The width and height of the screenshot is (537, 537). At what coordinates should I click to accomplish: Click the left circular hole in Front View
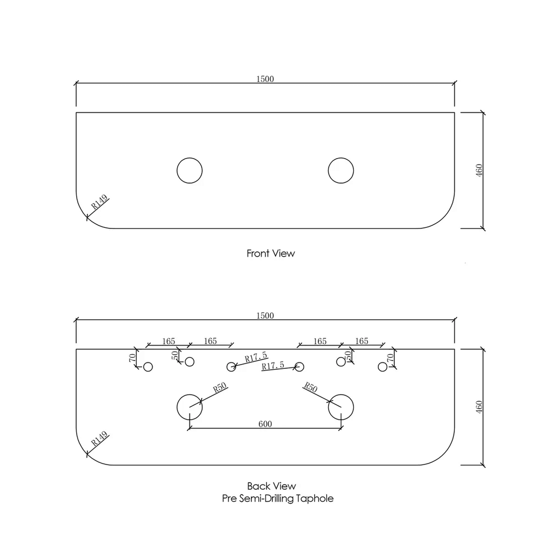(x=189, y=171)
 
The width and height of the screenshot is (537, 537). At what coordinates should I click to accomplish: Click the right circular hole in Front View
(x=341, y=171)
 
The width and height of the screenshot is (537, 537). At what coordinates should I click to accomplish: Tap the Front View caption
(x=270, y=253)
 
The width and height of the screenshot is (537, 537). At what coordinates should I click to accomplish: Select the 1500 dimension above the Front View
(x=265, y=79)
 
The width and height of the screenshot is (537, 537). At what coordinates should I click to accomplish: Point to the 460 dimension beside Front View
(x=479, y=171)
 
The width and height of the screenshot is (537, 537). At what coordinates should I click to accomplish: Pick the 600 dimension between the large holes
(x=265, y=424)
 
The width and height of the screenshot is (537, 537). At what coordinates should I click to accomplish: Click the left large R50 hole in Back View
(x=189, y=407)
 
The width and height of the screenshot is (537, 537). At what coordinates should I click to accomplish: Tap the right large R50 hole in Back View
(x=341, y=407)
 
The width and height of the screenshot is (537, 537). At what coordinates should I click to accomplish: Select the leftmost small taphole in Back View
(x=148, y=367)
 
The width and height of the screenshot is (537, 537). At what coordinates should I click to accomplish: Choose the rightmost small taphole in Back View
(x=382, y=367)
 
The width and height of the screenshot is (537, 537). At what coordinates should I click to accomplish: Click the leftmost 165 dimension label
(x=169, y=341)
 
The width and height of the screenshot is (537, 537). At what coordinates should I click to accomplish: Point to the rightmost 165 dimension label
(x=362, y=341)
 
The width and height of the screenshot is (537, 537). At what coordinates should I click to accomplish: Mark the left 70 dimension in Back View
(x=133, y=358)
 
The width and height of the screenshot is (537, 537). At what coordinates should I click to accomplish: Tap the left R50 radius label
(x=220, y=388)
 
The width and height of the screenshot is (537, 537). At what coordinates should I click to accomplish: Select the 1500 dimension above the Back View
(x=265, y=316)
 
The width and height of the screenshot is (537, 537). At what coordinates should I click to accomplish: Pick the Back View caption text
(x=271, y=486)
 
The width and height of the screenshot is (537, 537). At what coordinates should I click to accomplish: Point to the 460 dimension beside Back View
(x=479, y=407)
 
